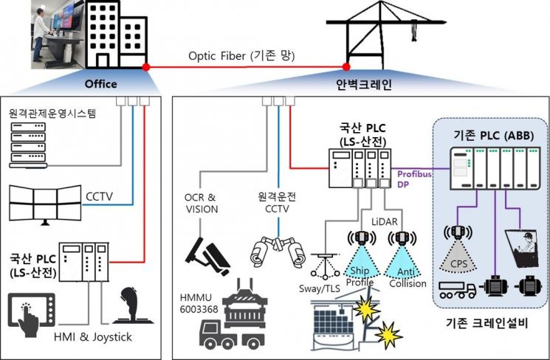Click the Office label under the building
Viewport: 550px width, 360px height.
pyautogui.click(x=101, y=84)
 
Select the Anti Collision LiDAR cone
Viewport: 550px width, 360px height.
pyautogui.click(x=402, y=266)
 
